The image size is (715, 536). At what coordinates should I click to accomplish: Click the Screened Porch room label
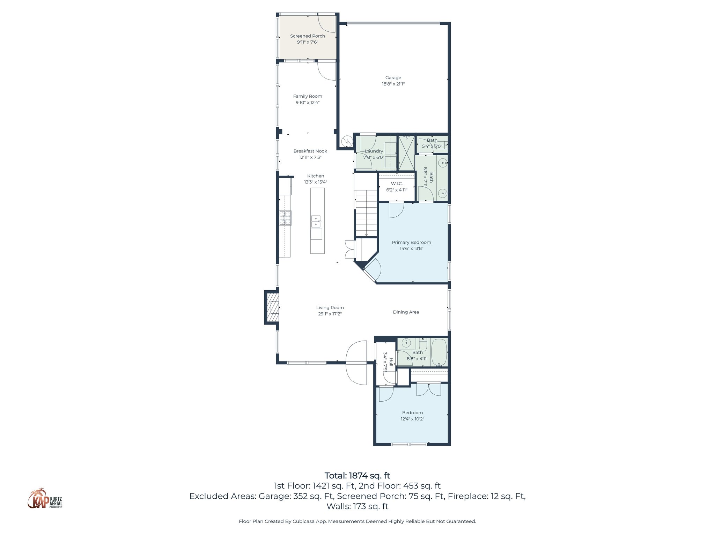pos(307,36)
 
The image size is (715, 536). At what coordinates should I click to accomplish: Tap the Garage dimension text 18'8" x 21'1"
pos(393,84)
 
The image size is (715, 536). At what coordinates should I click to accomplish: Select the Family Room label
pos(307,96)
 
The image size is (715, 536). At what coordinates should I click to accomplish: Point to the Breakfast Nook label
pos(310,151)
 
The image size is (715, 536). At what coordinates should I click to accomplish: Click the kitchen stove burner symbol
pos(285,218)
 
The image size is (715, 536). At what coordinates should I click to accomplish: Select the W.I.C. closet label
pos(397,184)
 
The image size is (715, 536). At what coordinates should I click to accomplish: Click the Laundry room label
pos(374,151)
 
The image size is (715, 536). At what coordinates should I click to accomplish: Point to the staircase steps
pos(366,213)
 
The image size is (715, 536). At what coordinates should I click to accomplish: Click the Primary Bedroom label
pos(411,243)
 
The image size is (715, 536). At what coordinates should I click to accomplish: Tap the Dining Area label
pos(406,312)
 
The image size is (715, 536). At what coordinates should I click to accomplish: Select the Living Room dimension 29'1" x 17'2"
pos(330,314)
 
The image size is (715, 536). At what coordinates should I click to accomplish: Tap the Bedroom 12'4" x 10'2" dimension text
pos(412,419)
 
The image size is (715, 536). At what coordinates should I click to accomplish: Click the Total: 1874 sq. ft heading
pos(357,476)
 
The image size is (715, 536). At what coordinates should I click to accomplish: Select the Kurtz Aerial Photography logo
pos(45,499)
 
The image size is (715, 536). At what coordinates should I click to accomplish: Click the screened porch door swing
pos(326,23)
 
